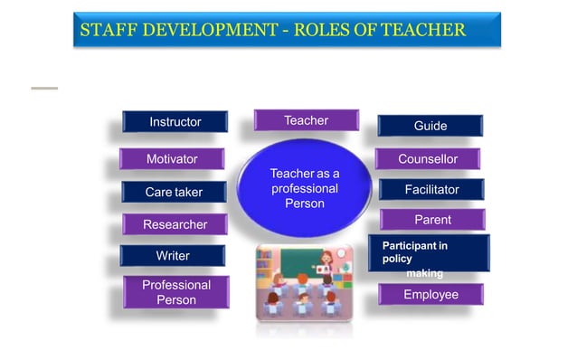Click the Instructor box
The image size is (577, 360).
tap(175, 121)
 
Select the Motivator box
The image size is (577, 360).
tap(172, 159)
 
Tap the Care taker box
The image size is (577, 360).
tap(174, 192)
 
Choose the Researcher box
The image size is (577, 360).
tap(175, 224)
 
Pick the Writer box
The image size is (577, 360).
tap(172, 256)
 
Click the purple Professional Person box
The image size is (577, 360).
tap(176, 292)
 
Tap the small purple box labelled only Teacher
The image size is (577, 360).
tap(306, 120)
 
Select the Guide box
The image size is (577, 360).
tap(430, 126)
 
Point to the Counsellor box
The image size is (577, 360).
tap(428, 159)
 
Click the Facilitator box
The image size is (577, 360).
tap(431, 190)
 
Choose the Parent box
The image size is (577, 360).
tap(432, 220)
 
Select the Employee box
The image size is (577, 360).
tap(430, 295)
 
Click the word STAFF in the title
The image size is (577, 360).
tap(104, 30)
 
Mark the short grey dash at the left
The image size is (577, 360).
tap(44, 88)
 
